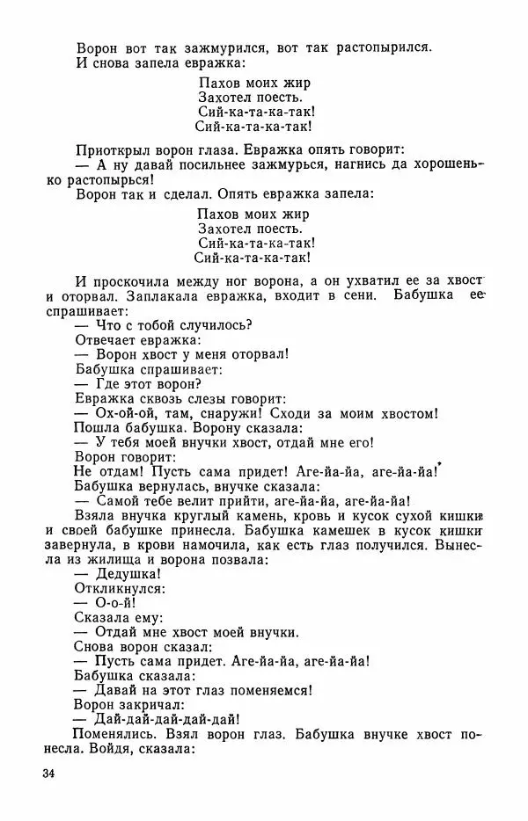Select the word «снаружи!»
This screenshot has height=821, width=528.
tap(243, 414)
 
